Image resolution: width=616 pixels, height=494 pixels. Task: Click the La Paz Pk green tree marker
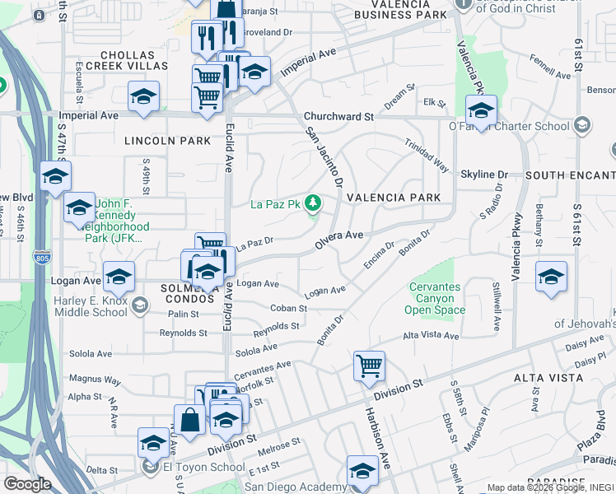click(x=313, y=203)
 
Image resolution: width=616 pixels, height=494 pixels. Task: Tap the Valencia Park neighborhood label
click(x=394, y=198)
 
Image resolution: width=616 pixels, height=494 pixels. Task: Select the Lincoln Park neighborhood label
click(x=168, y=141)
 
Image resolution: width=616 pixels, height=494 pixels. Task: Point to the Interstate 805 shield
click(x=41, y=258)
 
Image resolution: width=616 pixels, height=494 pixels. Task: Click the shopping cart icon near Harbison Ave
click(x=369, y=366)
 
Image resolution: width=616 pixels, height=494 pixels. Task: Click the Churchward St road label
click(x=338, y=117)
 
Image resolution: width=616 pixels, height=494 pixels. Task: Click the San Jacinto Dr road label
click(x=323, y=156)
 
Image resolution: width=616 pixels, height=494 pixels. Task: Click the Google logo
click(x=27, y=484)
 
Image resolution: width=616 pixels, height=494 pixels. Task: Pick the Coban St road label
click(x=288, y=309)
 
